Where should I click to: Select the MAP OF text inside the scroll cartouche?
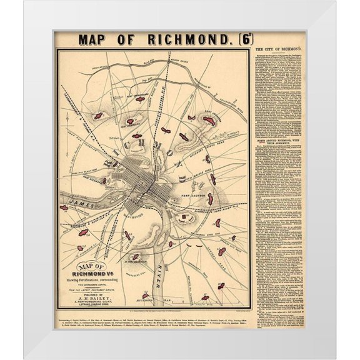click(x=87, y=266)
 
